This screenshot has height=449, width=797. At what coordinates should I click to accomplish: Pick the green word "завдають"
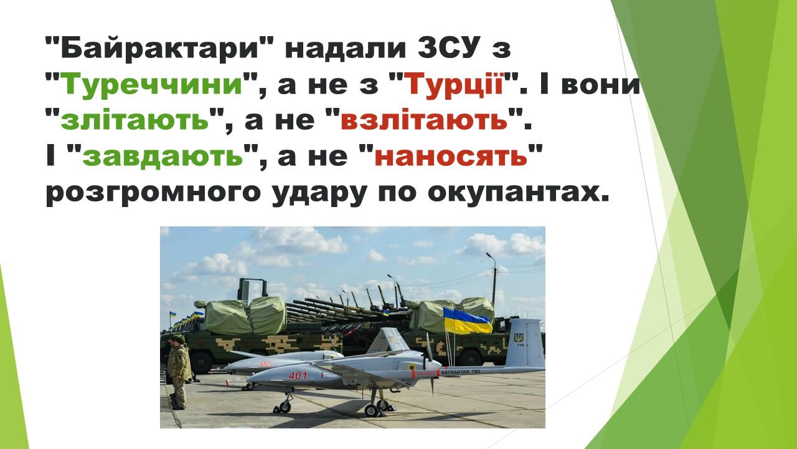click(163, 156)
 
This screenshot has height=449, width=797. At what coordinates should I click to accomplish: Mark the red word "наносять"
click(451, 156)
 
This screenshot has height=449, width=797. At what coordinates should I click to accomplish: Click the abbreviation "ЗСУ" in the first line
click(446, 49)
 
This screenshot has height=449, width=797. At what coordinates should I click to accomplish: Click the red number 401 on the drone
click(298, 375)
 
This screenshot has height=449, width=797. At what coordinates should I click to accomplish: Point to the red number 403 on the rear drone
click(265, 364)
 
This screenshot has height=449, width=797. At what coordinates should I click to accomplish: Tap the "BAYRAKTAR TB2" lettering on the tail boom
click(461, 372)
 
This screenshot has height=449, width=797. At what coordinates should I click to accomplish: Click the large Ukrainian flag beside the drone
click(467, 321)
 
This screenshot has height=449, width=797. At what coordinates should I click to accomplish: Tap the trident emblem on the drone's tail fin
click(519, 337)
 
